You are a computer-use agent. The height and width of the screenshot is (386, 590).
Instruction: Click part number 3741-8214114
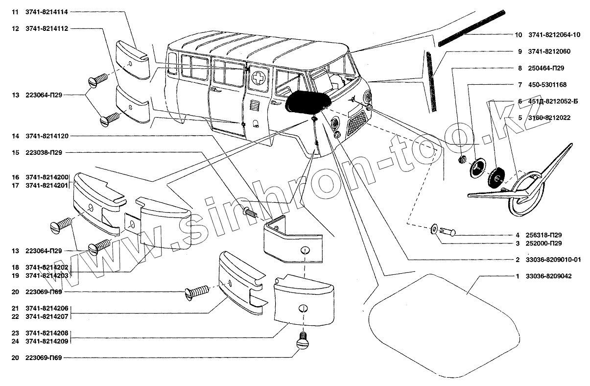[47, 12]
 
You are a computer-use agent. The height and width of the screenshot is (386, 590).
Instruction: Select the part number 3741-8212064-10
[554, 35]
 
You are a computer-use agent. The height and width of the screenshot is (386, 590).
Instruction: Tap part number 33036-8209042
[549, 276]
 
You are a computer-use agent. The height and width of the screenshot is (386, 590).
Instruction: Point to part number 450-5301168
[547, 85]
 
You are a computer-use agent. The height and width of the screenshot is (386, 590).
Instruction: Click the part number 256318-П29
[543, 235]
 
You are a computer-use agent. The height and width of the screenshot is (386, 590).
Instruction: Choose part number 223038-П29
[44, 152]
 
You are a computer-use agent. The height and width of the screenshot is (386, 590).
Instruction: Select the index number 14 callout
[15, 136]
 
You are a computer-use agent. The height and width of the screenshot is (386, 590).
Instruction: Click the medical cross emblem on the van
[258, 78]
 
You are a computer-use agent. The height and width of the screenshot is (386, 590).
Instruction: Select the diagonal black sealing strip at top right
[472, 28]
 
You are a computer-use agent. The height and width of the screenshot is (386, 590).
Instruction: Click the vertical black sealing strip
[431, 81]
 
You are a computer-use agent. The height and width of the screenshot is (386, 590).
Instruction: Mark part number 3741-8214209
[47, 341]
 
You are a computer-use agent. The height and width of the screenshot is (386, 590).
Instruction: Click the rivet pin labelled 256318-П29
[447, 231]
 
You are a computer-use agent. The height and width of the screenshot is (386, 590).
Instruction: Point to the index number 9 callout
[519, 51]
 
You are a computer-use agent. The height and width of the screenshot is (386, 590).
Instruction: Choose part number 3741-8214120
[47, 136]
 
